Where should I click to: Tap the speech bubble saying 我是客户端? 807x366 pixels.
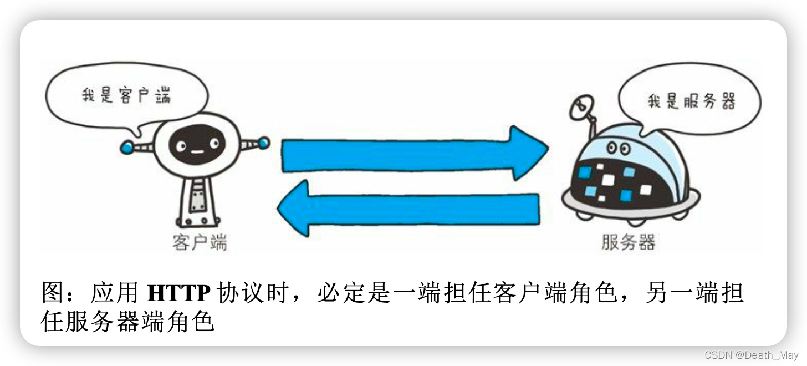point(126,95)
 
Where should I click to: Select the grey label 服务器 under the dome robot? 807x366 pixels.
point(629,242)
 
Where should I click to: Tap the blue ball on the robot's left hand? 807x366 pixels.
point(128,147)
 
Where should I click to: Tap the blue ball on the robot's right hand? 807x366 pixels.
point(263,143)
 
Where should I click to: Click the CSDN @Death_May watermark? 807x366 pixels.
point(751,354)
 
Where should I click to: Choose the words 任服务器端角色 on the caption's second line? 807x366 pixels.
point(127,322)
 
